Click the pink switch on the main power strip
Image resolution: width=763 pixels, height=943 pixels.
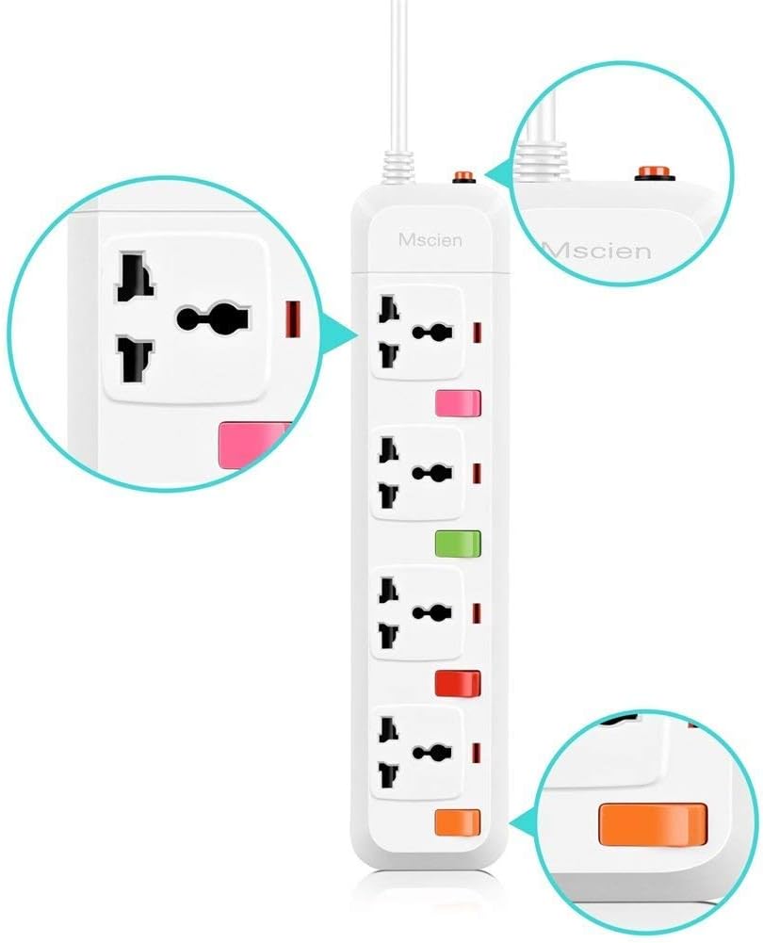[x=458, y=403]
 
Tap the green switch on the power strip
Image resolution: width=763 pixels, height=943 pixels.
[x=458, y=543]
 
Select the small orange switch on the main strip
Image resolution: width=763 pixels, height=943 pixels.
[x=458, y=822]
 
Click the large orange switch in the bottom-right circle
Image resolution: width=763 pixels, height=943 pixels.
[x=651, y=824]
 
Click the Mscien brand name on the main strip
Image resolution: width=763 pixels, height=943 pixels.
[x=430, y=240]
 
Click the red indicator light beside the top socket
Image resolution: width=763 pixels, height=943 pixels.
[x=478, y=332]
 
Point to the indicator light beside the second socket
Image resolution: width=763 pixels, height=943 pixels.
[x=478, y=473]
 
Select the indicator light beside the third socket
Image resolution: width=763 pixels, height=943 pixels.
[x=478, y=613]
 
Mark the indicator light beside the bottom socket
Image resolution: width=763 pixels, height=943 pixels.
[x=478, y=753]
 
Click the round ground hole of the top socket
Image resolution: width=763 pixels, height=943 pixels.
[x=431, y=332]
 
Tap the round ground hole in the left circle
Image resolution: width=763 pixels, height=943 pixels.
[x=213, y=318]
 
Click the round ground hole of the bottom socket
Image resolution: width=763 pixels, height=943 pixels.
[x=431, y=753]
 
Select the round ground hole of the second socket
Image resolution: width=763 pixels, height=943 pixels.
[x=431, y=473]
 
